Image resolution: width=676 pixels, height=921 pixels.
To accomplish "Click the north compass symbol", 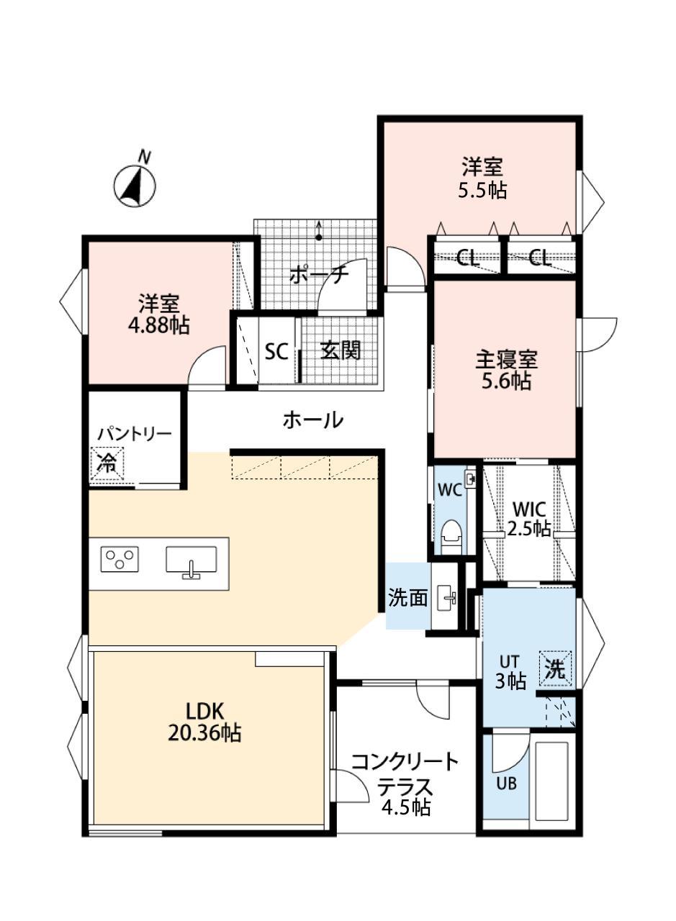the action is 135,185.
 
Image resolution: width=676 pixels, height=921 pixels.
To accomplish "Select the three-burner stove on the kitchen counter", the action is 120,559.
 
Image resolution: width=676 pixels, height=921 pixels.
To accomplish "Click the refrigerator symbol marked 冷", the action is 107,463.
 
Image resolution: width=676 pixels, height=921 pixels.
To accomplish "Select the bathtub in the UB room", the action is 551,776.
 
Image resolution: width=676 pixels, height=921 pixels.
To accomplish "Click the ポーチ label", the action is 319,276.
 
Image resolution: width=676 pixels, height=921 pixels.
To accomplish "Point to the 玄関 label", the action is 341,350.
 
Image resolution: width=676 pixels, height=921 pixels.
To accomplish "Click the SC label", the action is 276,352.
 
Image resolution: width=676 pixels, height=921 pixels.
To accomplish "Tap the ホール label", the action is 312,420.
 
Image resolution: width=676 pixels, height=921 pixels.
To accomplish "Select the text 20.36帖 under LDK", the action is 204,732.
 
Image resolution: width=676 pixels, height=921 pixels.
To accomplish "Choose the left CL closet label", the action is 467,258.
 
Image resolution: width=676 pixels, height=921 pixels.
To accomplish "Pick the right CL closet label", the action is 539,258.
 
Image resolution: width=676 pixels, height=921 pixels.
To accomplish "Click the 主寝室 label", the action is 507,360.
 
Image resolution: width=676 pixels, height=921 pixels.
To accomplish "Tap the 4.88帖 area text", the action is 159,326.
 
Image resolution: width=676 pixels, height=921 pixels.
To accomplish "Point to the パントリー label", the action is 134,434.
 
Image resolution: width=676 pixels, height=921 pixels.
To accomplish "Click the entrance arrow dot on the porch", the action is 318,237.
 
